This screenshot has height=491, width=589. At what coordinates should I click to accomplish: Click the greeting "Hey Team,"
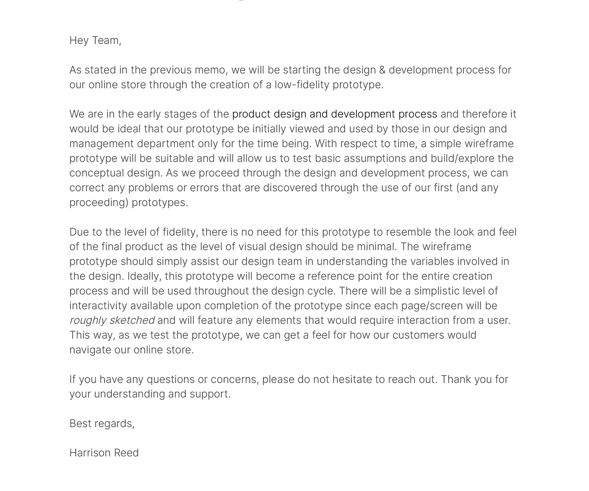coord(95,40)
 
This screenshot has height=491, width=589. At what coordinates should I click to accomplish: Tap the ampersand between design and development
coord(382,70)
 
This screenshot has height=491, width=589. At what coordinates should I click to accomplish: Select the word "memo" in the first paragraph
coord(211,70)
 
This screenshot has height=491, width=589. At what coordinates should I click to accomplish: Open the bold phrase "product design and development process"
coord(334,114)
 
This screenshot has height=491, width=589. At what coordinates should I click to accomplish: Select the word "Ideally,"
coord(144,276)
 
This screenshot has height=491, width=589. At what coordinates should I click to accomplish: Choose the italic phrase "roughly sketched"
coord(112,320)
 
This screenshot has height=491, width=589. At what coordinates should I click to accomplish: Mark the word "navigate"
coord(90,350)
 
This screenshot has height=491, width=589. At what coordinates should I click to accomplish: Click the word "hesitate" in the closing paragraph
coord(352,379)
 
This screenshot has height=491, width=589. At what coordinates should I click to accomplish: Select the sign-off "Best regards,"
coord(102,424)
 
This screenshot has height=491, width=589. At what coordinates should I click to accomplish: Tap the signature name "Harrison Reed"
coord(104,453)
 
